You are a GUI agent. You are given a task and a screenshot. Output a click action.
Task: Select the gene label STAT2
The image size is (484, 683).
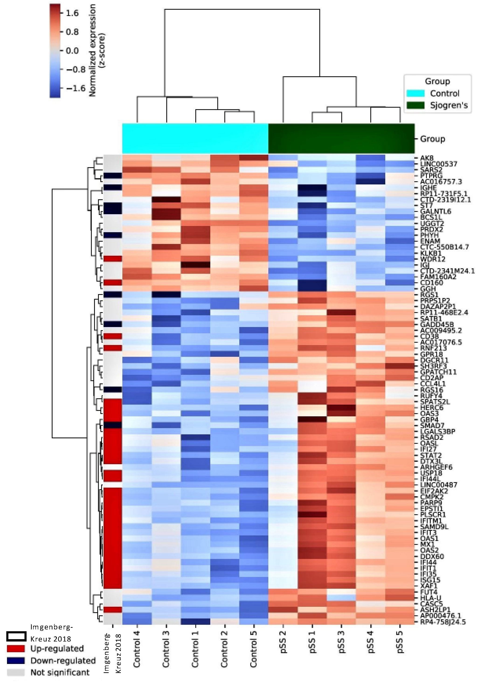[x=431, y=455]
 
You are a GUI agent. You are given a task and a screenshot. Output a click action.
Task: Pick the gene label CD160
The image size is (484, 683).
[x=432, y=283]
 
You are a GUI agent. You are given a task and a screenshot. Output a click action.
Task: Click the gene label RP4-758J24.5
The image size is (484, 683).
[x=443, y=622]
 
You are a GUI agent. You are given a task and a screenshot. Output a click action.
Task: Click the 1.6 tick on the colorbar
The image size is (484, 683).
[x=72, y=13]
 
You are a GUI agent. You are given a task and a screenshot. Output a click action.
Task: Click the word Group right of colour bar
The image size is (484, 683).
[x=432, y=139]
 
